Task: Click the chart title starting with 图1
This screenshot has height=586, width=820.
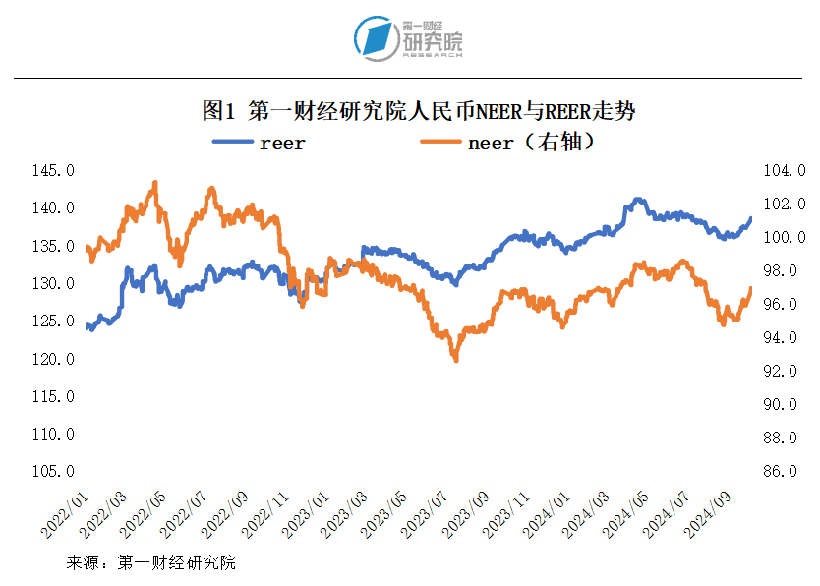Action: [x=418, y=110]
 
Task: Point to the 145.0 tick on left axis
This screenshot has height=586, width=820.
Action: [x=53, y=171]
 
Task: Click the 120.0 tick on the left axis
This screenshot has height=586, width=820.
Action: [x=53, y=359]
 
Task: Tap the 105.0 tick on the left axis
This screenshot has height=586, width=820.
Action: [x=53, y=472]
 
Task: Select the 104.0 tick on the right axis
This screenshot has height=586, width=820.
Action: [x=785, y=171]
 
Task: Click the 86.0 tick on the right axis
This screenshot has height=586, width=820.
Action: [x=785, y=472]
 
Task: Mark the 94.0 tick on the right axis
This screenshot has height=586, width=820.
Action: [x=785, y=338]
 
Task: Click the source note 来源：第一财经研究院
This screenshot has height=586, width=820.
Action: [x=150, y=563]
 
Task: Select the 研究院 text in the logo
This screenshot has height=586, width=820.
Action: [x=432, y=43]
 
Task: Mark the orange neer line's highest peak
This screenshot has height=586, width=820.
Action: [x=154, y=183]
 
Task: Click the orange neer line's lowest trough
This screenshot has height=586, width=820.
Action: [x=455, y=360]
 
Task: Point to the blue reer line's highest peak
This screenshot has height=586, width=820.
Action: [x=637, y=200]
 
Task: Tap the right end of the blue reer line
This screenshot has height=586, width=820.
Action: [x=751, y=218]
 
